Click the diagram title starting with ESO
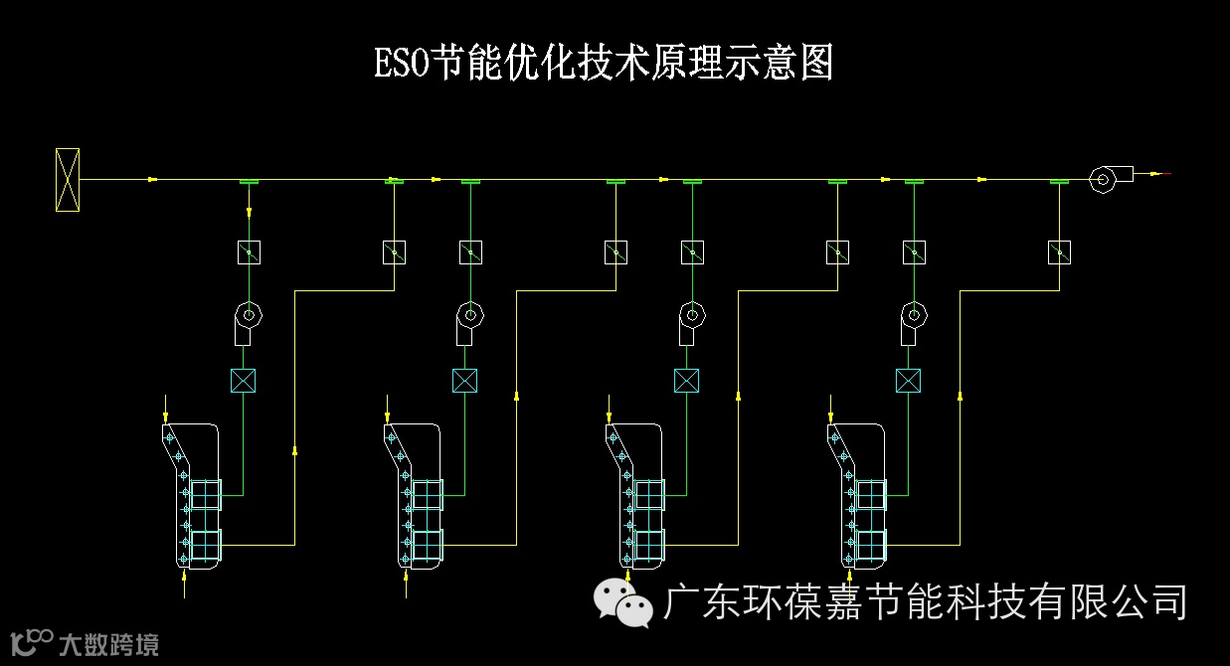click(x=603, y=63)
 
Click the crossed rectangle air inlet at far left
click(x=67, y=180)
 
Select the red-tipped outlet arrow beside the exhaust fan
click(x=1157, y=174)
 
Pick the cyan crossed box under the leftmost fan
click(x=243, y=380)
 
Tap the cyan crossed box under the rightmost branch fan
click(x=907, y=380)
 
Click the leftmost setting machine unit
click(x=194, y=495)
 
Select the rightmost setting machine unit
click(x=858, y=495)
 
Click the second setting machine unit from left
click(x=416, y=495)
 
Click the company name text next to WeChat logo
click(x=926, y=601)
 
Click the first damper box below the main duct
click(x=249, y=252)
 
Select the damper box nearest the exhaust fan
click(x=1059, y=252)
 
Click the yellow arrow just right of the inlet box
click(x=152, y=180)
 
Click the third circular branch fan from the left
click(x=690, y=317)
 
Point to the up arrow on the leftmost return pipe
click(x=295, y=452)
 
